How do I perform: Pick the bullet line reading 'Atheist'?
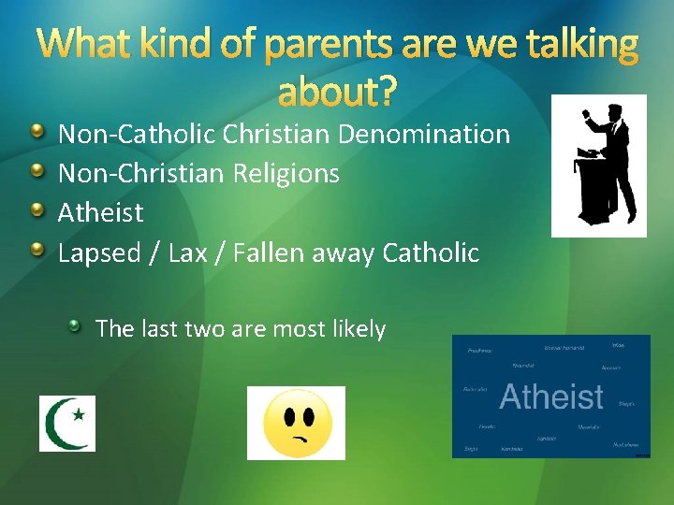pos(101,212)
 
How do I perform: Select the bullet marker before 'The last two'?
pos(74,327)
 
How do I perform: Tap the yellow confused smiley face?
pos(295,423)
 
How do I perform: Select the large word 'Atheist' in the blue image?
pos(551,397)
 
